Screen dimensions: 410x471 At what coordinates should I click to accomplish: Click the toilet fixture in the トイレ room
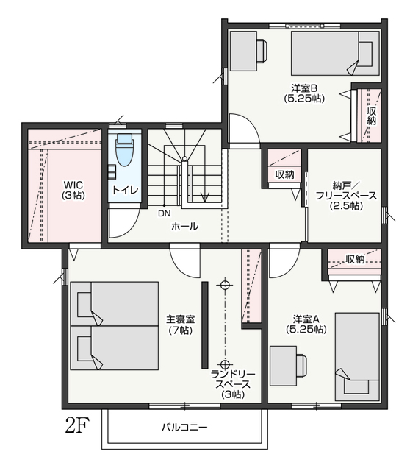[125, 150]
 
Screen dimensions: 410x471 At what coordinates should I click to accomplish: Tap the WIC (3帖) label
[73, 190]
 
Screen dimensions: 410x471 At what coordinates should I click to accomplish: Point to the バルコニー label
[184, 427]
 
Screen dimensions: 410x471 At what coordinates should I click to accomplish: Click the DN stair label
[165, 213]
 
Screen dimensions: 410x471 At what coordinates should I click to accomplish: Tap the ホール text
[184, 226]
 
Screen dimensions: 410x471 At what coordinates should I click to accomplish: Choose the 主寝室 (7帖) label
[180, 325]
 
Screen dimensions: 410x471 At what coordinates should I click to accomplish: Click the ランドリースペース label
[233, 384]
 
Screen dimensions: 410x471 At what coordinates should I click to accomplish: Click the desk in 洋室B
[243, 51]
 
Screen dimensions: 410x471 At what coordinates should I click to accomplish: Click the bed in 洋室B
[335, 53]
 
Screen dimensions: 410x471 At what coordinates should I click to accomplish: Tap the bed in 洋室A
[357, 356]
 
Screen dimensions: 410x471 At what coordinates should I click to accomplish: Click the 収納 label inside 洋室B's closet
[371, 116]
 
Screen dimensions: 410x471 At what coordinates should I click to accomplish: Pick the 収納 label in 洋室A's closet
[355, 258]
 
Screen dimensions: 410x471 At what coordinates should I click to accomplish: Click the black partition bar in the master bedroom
[205, 325]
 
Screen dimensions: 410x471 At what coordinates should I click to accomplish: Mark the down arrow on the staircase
[205, 197]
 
